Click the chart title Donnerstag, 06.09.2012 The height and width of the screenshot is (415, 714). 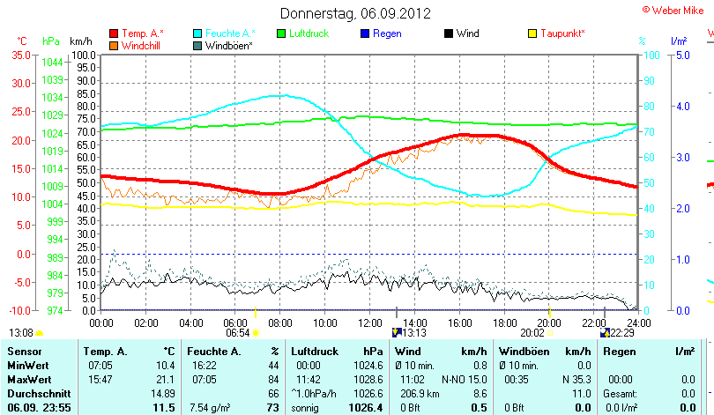(355, 13)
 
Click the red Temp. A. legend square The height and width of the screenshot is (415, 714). (114, 33)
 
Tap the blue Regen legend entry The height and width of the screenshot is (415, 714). (385, 33)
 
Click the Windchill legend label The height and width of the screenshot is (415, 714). (142, 45)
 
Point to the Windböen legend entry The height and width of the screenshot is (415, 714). (229, 45)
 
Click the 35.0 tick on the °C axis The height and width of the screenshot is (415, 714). (21, 55)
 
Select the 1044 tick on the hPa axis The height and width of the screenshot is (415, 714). (52, 63)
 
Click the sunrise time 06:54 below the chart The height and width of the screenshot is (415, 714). (237, 333)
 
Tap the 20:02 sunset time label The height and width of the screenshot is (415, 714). (532, 333)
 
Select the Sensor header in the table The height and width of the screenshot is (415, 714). (25, 352)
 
